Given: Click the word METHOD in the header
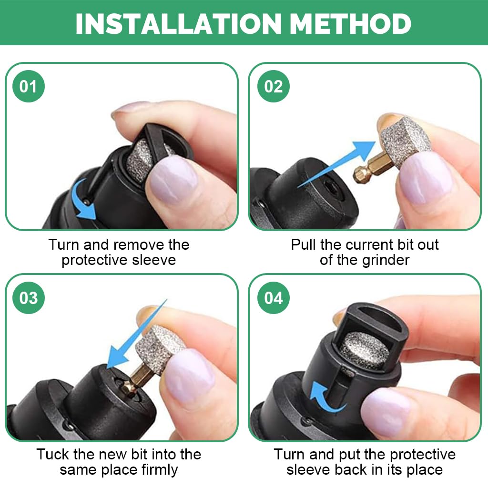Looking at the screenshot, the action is (351, 24).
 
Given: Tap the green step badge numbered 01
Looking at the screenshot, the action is (28, 86).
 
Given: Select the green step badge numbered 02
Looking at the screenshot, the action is (273, 86).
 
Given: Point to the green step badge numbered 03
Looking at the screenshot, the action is (28, 298).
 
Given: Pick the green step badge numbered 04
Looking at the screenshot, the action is (273, 298).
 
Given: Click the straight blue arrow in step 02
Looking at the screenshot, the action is (336, 164).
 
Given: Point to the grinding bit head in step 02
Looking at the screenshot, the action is (405, 140).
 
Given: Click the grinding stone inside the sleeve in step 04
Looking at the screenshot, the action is (364, 350).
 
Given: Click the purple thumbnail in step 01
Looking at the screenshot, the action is (172, 181).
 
